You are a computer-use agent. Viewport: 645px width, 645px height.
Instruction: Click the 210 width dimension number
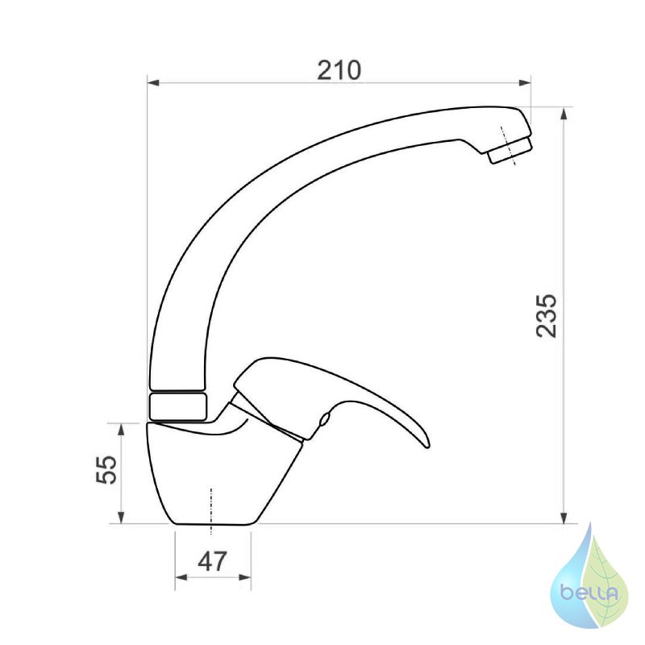pos(339,70)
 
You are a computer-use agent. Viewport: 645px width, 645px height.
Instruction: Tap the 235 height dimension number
pos(547,316)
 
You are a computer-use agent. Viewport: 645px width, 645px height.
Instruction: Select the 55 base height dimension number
pos(106,469)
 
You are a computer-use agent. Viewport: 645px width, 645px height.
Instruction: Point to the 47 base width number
pos(212,561)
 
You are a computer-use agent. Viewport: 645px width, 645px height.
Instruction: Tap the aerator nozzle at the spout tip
pos(510,151)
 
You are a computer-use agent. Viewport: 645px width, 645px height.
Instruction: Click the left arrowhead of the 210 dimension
pos(153,83)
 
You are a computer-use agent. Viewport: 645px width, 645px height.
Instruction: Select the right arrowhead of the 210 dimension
pos(525,83)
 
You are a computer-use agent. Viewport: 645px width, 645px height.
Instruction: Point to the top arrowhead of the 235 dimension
pos(564,114)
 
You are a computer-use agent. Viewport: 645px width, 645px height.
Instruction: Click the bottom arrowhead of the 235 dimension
pos(564,518)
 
